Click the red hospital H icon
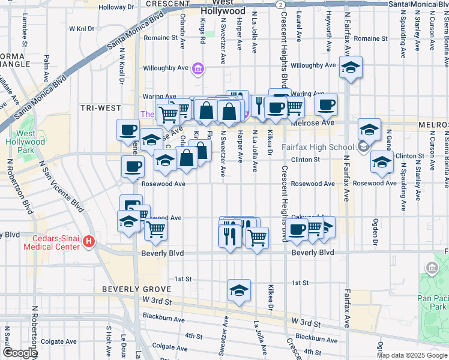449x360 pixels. pyautogui.click(x=89, y=241)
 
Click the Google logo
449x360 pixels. pyautogui.click(x=20, y=353)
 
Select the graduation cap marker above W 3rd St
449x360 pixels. pyautogui.click(x=239, y=291)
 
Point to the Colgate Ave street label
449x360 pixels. pyautogui.click(x=166, y=347)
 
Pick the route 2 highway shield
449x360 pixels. pyautogui.click(x=280, y=4)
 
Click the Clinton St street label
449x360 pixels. pyautogui.click(x=304, y=160)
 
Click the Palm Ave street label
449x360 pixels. pyautogui.click(x=46, y=67)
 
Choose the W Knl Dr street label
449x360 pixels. pyautogui.click(x=82, y=28)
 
